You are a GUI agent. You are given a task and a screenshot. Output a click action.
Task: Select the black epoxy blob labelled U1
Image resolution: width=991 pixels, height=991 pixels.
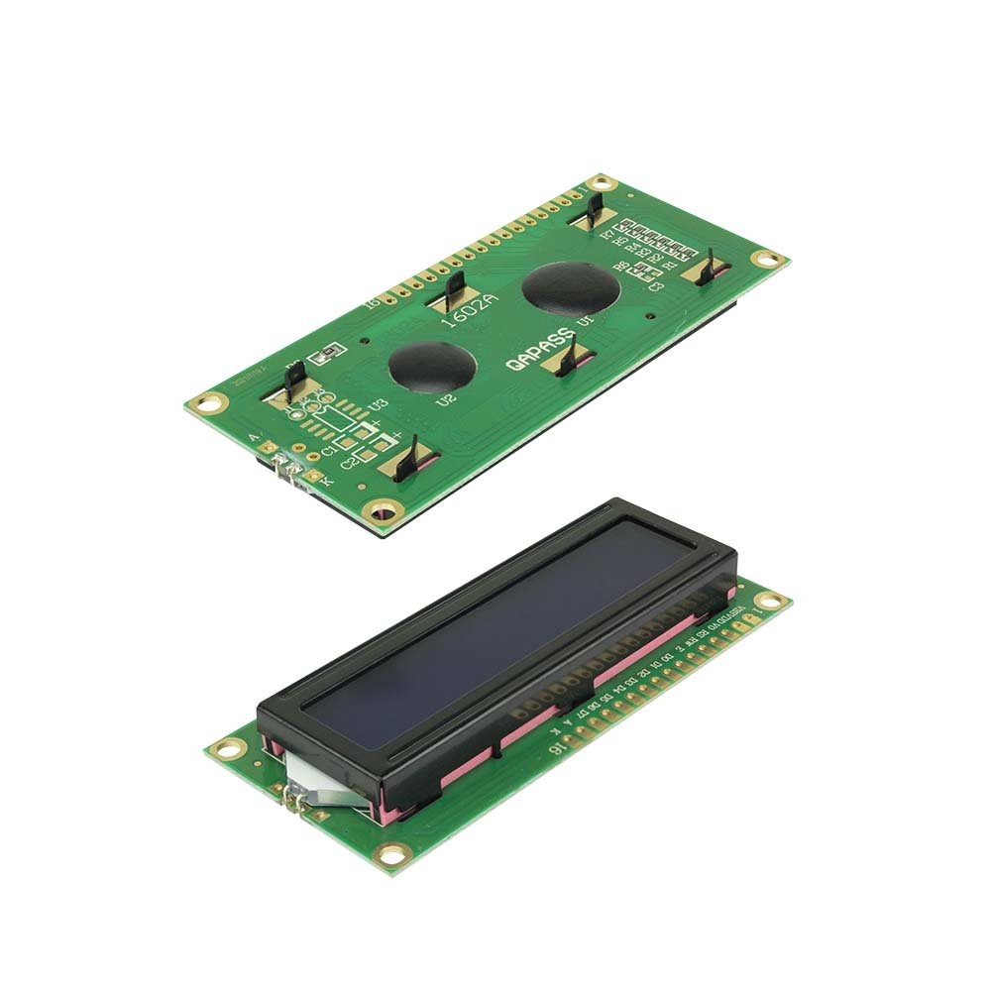pyautogui.click(x=571, y=288)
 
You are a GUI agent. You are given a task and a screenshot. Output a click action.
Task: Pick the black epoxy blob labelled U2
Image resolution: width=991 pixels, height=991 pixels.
pyautogui.click(x=431, y=367)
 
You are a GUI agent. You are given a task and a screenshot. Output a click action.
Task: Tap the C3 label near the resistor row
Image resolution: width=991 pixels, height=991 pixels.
pyautogui.click(x=655, y=285)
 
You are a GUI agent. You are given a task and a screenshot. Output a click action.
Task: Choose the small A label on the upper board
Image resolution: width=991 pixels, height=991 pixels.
pyautogui.click(x=256, y=437)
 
